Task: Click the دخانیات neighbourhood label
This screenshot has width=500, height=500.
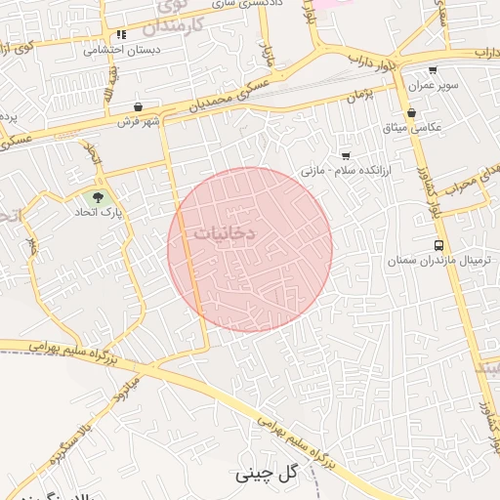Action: [x=224, y=234]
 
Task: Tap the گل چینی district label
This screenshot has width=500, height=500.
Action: [x=265, y=475]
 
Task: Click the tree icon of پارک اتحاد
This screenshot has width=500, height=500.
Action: [x=98, y=197]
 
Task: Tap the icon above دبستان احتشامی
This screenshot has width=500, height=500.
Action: [x=122, y=34]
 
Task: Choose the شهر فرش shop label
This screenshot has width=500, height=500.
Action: [x=139, y=122]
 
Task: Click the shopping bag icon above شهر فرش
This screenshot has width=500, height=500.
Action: [x=139, y=107]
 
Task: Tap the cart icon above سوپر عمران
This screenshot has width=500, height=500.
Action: [x=433, y=70]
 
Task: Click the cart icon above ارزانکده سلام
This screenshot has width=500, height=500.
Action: [x=345, y=156]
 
